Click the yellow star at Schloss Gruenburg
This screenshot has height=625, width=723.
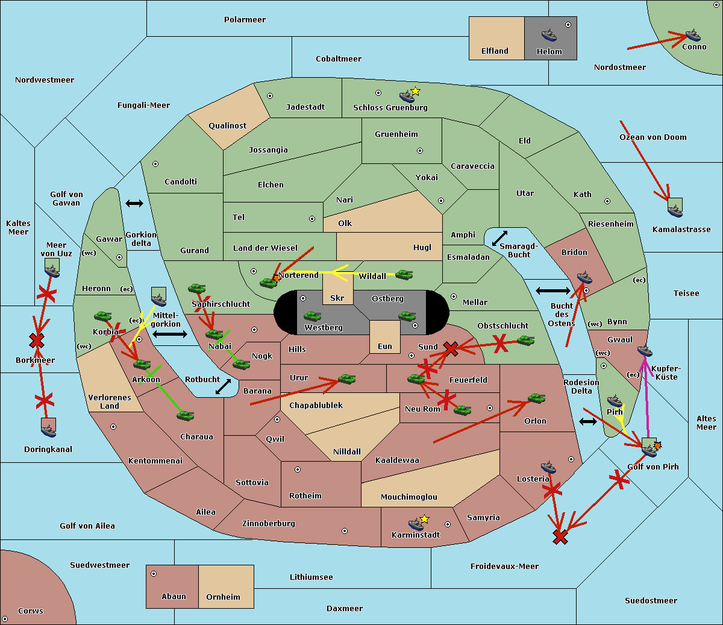(x=415, y=91)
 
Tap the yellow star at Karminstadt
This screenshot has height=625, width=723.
(x=424, y=519)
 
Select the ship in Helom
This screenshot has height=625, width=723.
(x=549, y=35)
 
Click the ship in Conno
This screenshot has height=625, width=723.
(x=693, y=35)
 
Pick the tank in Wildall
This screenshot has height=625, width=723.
(x=404, y=275)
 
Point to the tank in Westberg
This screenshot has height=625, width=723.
(x=312, y=316)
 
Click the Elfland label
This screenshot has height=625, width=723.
(x=495, y=51)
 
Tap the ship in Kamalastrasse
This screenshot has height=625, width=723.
(x=675, y=210)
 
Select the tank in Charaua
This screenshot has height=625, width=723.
(x=186, y=415)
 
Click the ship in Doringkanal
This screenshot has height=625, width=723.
(x=49, y=430)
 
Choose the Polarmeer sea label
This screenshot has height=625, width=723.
(x=245, y=20)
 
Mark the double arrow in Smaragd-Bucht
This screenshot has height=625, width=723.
(x=499, y=238)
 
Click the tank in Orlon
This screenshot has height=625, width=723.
(x=536, y=398)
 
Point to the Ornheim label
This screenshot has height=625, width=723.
(x=223, y=597)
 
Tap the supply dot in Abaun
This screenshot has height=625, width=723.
(x=154, y=574)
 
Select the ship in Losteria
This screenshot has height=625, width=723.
(x=548, y=467)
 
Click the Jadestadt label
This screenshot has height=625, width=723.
(x=305, y=107)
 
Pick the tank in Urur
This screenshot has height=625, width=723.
(x=346, y=379)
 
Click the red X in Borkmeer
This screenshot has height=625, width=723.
(x=37, y=341)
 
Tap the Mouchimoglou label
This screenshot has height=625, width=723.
(x=408, y=497)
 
